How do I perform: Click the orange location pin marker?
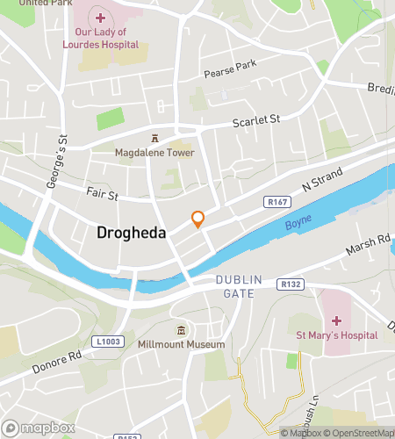click(x=198, y=219)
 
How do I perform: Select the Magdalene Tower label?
click(x=154, y=152)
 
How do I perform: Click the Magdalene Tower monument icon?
click(x=155, y=138)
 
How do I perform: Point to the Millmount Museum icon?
click(x=181, y=330)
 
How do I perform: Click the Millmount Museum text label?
click(x=181, y=344)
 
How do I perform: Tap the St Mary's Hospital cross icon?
click(x=336, y=320)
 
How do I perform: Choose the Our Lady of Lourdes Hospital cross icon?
click(x=100, y=18)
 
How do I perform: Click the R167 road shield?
click(x=276, y=203)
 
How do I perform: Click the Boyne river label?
click(x=298, y=225)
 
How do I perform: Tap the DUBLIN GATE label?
click(x=239, y=286)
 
